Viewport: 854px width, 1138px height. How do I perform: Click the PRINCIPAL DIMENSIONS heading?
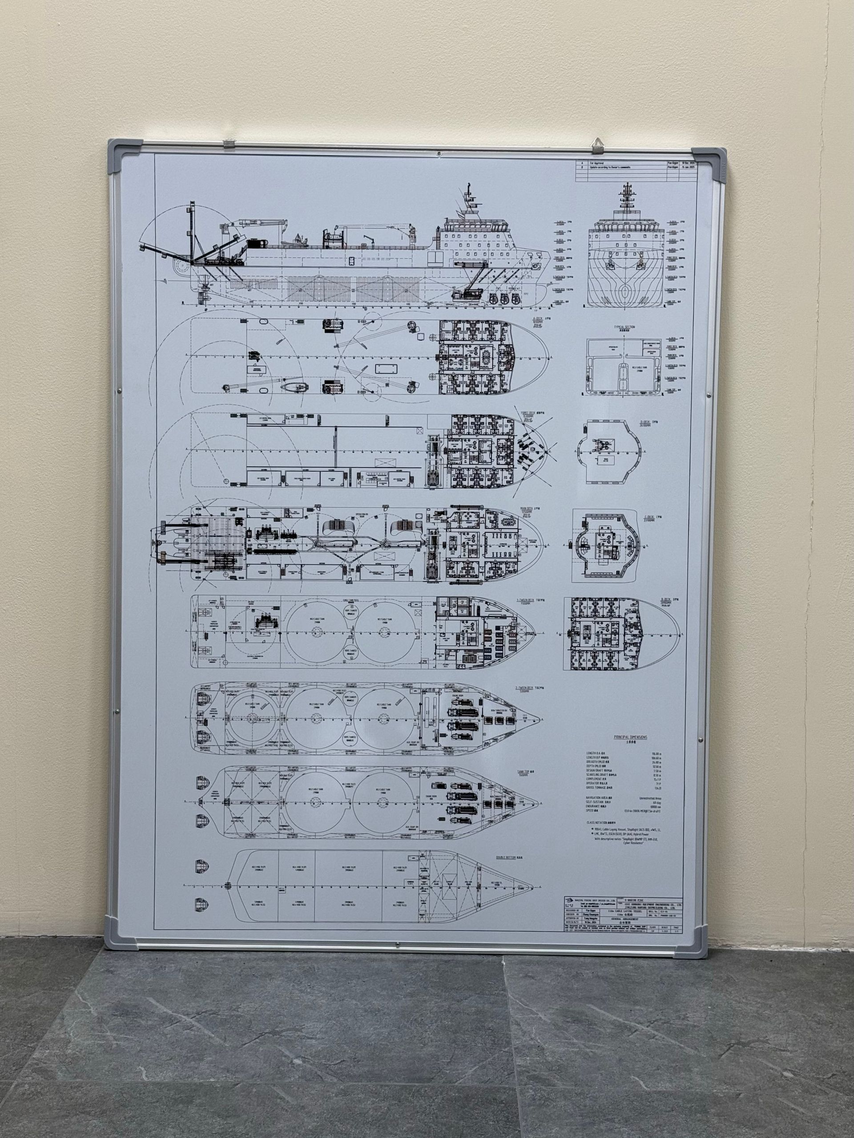coord(630,737)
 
